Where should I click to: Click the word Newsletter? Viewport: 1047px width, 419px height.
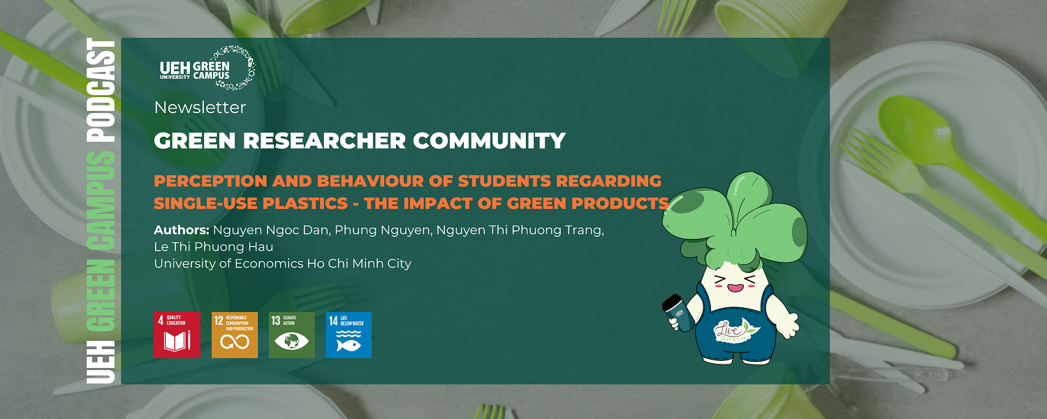(x=200, y=108)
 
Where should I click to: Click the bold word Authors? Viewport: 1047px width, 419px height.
(x=181, y=230)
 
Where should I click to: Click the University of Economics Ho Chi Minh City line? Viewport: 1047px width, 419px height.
(x=282, y=263)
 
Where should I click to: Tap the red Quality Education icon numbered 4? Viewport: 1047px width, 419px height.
(x=177, y=335)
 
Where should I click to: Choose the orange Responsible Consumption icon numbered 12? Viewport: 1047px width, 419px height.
(x=235, y=335)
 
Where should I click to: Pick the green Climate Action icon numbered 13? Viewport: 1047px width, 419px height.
(x=292, y=335)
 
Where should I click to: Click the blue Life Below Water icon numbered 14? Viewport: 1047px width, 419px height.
(x=349, y=335)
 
